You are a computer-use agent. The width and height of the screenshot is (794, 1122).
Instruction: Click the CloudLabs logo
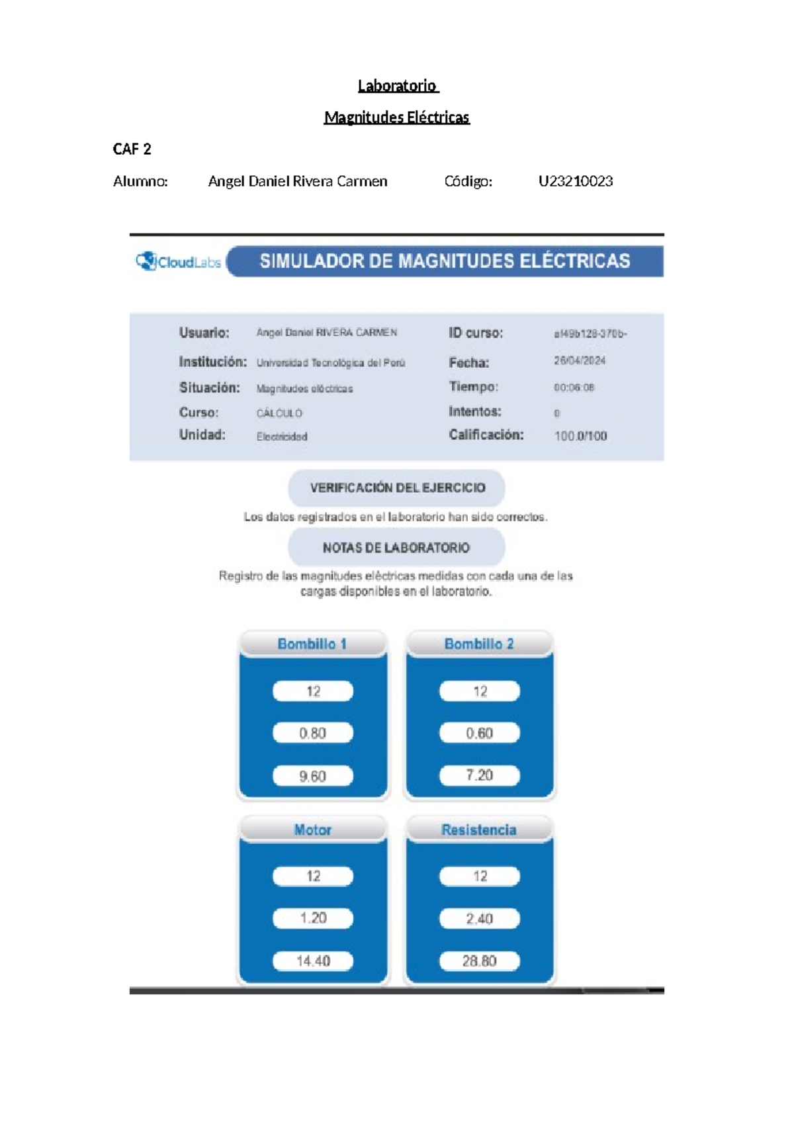pos(179,262)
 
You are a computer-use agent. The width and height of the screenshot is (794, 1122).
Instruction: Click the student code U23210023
pos(575,181)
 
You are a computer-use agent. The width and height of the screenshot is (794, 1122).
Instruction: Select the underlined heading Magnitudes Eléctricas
pos(396,118)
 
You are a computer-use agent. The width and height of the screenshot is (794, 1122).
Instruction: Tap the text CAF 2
pos(132,150)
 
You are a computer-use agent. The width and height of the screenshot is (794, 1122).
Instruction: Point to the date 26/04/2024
pos(580,361)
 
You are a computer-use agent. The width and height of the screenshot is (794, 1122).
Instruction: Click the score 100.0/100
pos(580,436)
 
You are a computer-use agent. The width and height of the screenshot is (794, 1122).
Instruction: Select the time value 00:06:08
pos(574,388)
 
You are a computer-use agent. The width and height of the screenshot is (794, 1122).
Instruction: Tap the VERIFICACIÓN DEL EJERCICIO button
pos(397,488)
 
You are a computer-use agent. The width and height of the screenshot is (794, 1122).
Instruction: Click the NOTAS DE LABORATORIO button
pos(396,548)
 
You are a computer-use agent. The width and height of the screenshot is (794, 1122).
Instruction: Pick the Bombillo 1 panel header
pos(312,644)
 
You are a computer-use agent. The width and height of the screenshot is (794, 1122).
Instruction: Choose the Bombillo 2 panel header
pos(479,644)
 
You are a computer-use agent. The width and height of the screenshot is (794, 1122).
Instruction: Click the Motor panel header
pos(312,830)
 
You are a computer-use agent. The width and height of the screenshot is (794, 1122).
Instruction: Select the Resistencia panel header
pos(479,830)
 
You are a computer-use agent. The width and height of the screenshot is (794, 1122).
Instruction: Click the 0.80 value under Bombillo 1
pos(312,733)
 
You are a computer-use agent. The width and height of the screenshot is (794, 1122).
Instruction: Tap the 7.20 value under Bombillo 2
pos(479,775)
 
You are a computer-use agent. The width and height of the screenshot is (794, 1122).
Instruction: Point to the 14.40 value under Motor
pos(312,961)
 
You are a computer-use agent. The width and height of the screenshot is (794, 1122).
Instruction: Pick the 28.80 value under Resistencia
pos(479,961)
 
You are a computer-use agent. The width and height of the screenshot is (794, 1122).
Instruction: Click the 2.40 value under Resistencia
pos(479,918)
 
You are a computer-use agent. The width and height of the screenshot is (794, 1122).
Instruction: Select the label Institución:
pos(212,362)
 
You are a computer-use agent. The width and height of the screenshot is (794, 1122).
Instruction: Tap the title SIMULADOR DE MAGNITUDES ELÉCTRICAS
pos(445,261)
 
